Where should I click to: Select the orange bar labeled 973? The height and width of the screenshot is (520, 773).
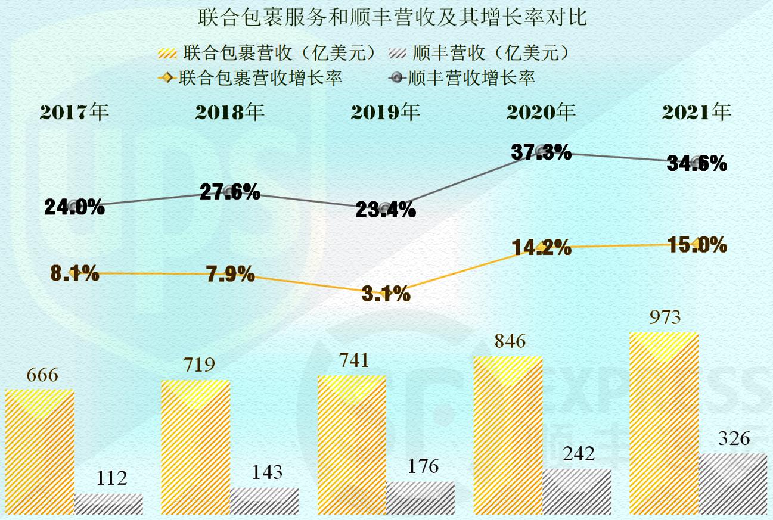point(663,423)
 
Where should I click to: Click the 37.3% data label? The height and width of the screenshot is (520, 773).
point(541,152)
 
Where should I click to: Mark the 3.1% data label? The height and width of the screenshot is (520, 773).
point(386,294)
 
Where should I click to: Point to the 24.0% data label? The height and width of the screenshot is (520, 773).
point(74,207)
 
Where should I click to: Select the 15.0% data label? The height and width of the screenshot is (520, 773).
point(697,244)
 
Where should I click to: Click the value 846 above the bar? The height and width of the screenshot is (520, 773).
point(508,341)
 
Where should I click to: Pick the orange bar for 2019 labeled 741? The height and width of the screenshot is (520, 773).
point(352,444)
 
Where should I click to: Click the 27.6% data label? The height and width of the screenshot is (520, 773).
point(230,192)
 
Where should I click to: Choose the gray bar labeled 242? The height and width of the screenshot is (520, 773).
point(576,491)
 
